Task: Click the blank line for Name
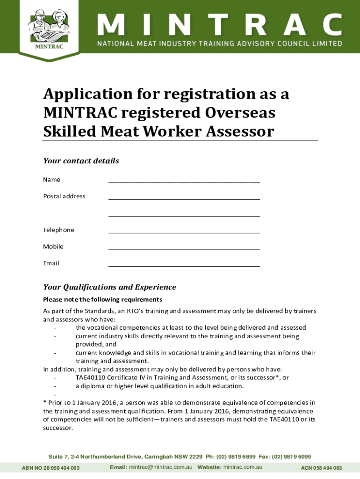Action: [184, 180]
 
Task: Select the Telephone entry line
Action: [184, 230]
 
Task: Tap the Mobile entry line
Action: [184, 247]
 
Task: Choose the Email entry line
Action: [184, 264]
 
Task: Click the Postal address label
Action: [64, 196]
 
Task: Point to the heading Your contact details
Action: [81, 161]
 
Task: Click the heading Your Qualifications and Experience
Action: [109, 287]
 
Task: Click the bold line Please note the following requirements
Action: [102, 299]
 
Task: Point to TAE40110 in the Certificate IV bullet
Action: [90, 377]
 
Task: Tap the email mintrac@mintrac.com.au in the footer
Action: [161, 467]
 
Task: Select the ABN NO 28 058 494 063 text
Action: [50, 468]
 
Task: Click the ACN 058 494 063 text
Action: [321, 468]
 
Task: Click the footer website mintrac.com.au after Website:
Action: [243, 467]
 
